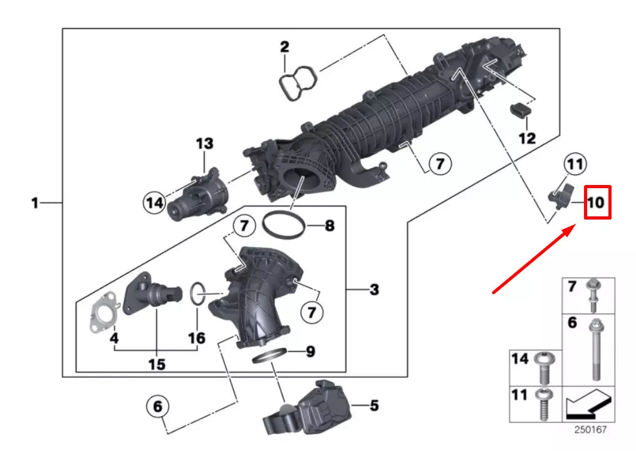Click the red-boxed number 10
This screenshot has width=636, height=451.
(597, 203)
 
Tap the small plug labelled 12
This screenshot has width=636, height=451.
(519, 111)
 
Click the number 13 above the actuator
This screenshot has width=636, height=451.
(204, 144)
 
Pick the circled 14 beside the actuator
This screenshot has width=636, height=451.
(153, 202)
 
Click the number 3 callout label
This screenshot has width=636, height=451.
(374, 290)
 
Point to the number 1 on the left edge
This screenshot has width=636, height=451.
(36, 203)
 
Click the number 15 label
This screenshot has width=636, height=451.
(157, 364)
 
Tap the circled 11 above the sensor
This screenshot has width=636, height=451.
(575, 165)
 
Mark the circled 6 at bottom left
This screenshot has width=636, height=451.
(157, 406)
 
